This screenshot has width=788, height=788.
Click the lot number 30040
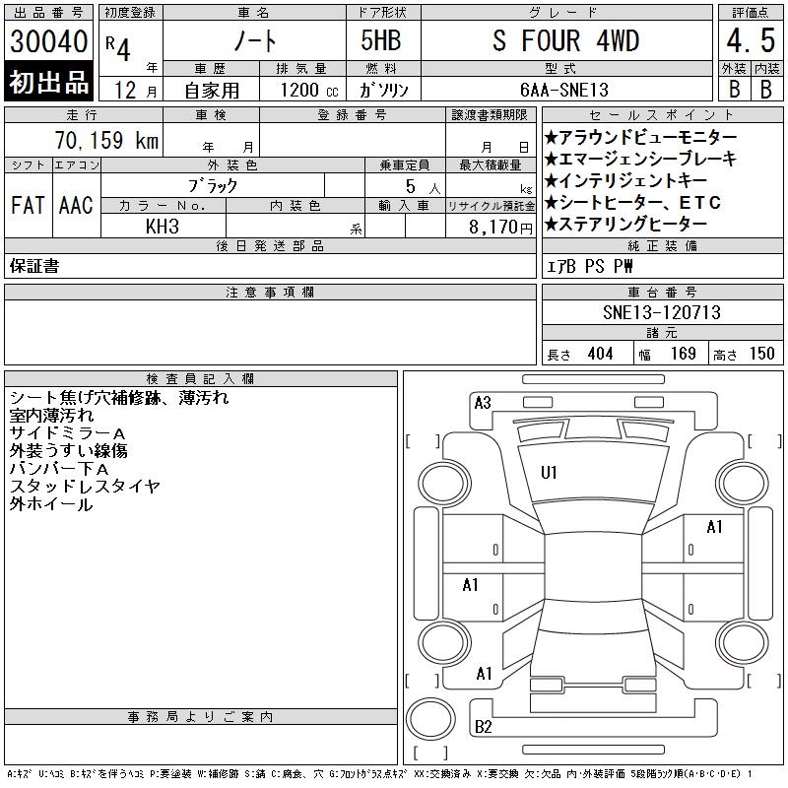[x=48, y=41]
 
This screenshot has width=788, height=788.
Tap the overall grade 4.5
[x=751, y=40]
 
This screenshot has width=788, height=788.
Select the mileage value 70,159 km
[x=106, y=140]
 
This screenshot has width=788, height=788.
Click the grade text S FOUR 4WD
[x=565, y=40]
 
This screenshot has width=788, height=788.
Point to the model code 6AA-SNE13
[x=564, y=90]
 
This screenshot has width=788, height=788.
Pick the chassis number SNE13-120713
[x=662, y=312]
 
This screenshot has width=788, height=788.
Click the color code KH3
[x=163, y=227]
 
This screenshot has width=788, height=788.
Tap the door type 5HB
[x=381, y=40]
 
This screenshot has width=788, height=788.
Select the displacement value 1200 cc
[x=309, y=90]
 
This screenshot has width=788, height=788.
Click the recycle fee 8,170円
[x=500, y=228]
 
